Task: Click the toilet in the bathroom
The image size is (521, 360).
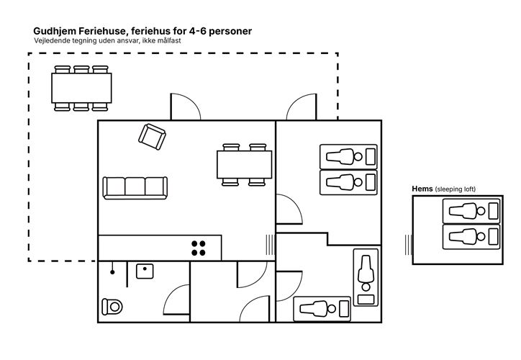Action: click(x=112, y=307)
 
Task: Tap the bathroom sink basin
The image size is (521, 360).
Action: click(x=145, y=271)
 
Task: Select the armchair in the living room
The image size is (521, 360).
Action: click(x=152, y=137)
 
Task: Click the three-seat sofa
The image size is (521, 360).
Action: click(x=135, y=188)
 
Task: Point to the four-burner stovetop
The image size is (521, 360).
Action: click(x=199, y=248)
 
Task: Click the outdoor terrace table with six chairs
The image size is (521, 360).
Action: click(x=81, y=88)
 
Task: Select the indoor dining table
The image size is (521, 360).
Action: click(x=244, y=165)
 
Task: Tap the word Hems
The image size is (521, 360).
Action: click(x=422, y=189)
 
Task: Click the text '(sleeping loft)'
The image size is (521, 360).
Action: click(x=456, y=189)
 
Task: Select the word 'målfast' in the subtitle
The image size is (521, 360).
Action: click(x=169, y=40)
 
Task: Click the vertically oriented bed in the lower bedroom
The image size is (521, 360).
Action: click(x=366, y=277)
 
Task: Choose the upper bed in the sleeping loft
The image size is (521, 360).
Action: click(x=471, y=211)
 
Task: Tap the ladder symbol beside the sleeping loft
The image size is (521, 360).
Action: click(x=408, y=245)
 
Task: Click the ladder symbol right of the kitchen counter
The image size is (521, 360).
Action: click(x=270, y=245)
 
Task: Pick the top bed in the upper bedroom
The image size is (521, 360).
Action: click(x=348, y=156)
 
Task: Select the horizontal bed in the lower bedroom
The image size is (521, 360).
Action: click(x=322, y=309)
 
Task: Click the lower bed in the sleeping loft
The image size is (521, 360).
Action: click(x=471, y=237)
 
